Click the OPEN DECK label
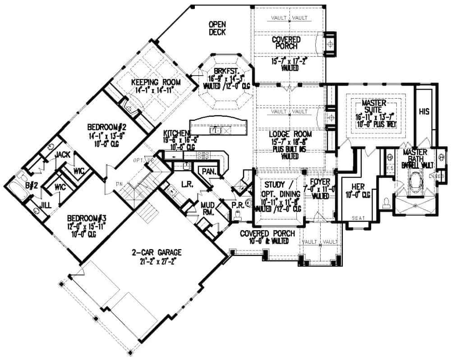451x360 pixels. [x=217, y=28]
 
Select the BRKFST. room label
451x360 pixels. [x=223, y=71]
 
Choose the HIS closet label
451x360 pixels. [x=423, y=111]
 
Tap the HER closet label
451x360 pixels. [x=351, y=187]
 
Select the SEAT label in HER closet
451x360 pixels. [x=358, y=218]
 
